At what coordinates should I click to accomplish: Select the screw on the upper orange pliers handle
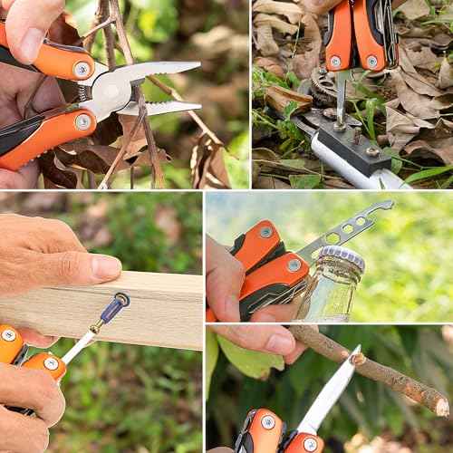pyautogui.click(x=82, y=68)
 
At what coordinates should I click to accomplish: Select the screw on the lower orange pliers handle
pyautogui.click(x=82, y=121)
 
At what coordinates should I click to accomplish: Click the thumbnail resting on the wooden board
pyautogui.click(x=105, y=266)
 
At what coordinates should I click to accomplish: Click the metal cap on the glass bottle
pyautogui.click(x=342, y=259)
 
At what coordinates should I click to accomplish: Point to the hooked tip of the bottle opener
pyautogui.click(x=387, y=206)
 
